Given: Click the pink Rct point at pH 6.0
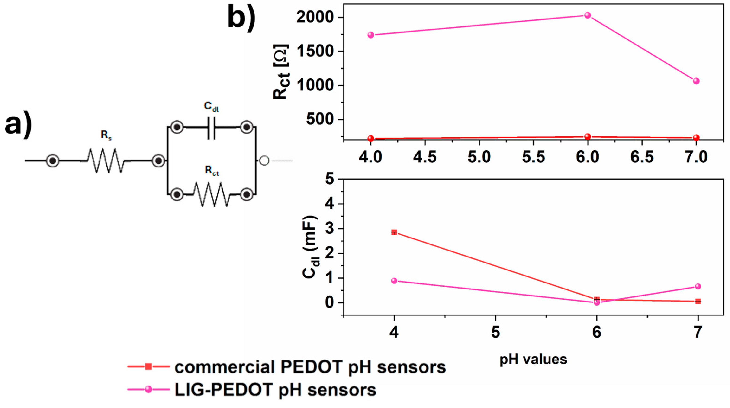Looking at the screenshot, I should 588,15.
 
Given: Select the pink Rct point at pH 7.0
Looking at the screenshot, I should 696,81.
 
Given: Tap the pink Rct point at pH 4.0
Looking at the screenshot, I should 371,35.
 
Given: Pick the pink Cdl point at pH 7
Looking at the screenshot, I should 698,286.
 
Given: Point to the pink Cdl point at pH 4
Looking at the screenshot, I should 394,281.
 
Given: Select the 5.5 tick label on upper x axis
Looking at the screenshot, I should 533,157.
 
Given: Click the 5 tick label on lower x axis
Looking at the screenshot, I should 495,333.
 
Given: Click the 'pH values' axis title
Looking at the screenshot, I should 533,359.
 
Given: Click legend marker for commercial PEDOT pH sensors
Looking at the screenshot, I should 148,367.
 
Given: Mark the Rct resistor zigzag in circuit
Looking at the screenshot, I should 211,194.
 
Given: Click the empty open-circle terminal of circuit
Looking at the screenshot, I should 264,161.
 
